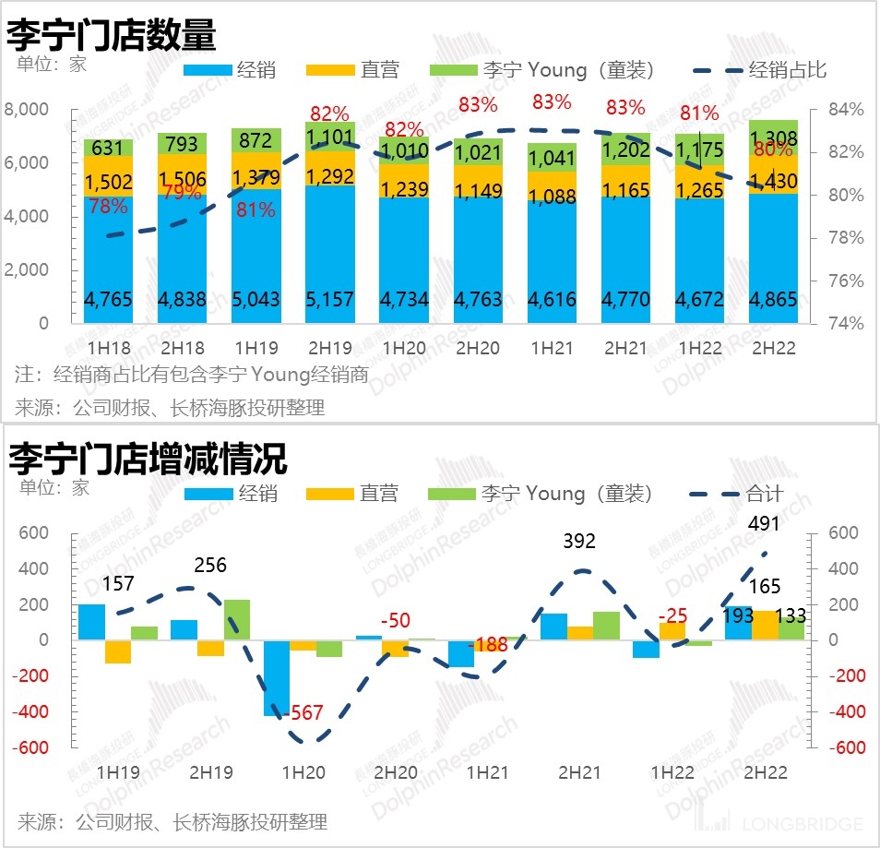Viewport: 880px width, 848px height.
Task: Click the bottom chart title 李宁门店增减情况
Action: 148,458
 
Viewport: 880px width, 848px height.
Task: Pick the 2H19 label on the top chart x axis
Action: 329,349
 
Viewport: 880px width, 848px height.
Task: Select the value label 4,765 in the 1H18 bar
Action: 108,300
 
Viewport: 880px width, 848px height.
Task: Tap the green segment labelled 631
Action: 108,148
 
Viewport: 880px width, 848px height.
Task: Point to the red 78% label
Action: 108,207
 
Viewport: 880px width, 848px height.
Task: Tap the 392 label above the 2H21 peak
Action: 580,542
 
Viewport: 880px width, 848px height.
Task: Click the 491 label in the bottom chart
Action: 764,524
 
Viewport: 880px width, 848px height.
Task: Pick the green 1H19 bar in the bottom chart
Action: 145,633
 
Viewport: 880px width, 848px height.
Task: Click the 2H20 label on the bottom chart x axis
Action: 396,772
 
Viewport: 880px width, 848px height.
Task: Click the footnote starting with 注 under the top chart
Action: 192,375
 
